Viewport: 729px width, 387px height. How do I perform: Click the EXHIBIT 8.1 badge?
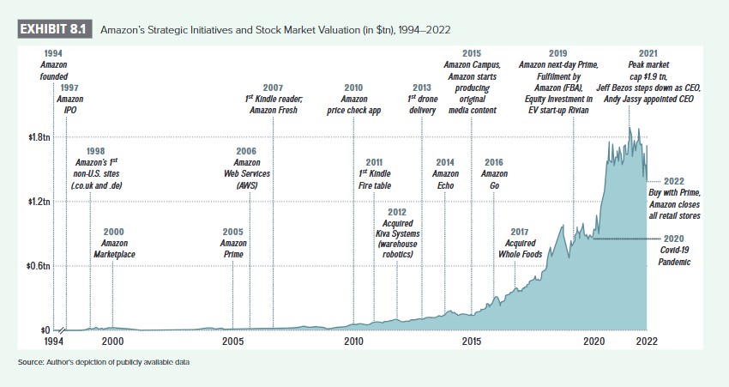coord(54,28)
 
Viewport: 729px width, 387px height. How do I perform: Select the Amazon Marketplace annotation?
coord(114,242)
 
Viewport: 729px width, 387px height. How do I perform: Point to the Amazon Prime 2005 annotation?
coord(232,242)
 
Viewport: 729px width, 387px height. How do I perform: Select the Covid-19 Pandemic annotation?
coord(675,249)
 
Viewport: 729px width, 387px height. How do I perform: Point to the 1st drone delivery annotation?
coord(421,99)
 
